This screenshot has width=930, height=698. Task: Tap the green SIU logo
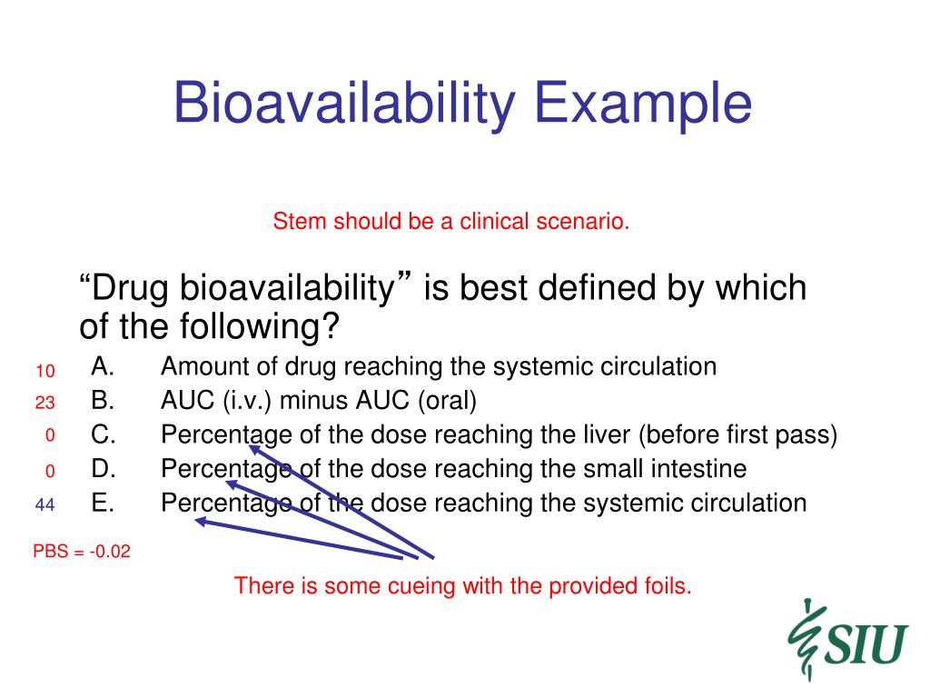tap(848, 640)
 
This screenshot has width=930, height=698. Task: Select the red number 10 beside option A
tap(45, 372)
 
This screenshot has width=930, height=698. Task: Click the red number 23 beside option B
tap(45, 403)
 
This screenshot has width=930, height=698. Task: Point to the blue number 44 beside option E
tap(45, 505)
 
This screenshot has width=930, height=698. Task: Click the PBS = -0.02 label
tap(82, 552)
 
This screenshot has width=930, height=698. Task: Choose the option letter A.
tap(103, 367)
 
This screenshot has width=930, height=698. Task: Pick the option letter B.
tap(103, 401)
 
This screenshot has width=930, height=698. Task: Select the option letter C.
tap(104, 435)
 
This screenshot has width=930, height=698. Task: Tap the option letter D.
tap(104, 469)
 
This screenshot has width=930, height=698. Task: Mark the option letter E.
tap(103, 504)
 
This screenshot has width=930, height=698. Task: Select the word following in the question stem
tap(249, 327)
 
